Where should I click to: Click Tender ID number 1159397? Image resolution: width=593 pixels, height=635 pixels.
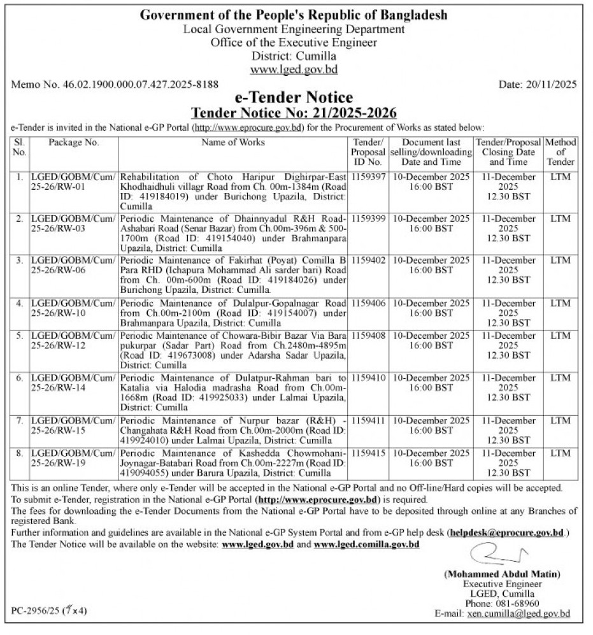click(x=368, y=176)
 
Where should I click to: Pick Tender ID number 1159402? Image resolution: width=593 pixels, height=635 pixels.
click(x=368, y=260)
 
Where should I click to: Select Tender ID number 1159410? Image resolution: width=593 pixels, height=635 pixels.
click(x=368, y=378)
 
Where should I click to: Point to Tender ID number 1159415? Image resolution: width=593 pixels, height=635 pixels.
click(x=368, y=453)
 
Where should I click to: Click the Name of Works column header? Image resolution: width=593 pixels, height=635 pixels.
click(x=233, y=143)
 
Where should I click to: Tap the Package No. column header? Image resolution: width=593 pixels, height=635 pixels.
click(x=73, y=143)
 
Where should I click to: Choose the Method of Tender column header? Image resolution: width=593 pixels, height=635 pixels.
click(x=561, y=152)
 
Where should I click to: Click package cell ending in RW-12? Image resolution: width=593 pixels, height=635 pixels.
click(x=73, y=340)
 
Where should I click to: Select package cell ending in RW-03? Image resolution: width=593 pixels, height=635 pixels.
click(x=73, y=223)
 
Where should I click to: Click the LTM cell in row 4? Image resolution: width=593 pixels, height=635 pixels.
click(x=561, y=304)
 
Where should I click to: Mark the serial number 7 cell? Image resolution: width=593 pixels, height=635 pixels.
click(x=20, y=420)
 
